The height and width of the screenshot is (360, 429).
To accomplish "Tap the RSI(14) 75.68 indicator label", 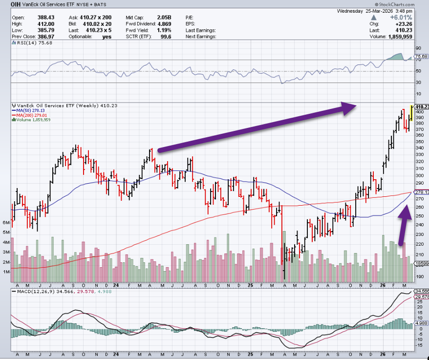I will [x=29, y=43].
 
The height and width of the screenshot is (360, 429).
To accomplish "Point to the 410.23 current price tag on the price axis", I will [x=422, y=107].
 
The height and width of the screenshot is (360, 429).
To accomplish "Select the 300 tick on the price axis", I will [x=420, y=175].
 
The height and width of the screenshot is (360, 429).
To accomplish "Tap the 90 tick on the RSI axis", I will [x=418, y=48].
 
